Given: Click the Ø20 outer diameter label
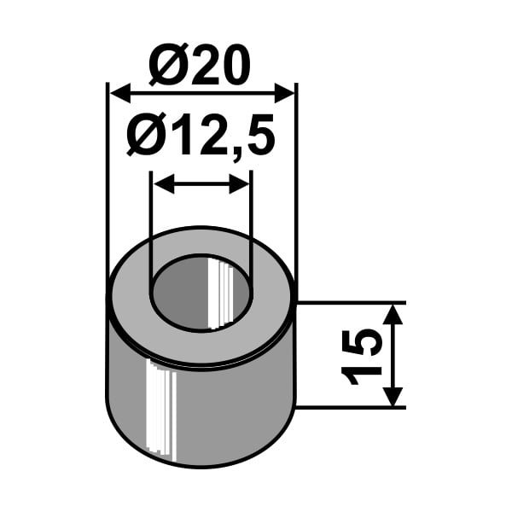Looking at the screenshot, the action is coord(200,65).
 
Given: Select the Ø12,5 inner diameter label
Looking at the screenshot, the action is coord(201,135).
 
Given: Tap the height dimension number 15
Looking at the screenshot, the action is coord(361,357).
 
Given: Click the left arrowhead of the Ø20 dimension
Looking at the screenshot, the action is coord(120,93).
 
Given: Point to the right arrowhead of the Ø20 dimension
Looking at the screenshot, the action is coord(284,93).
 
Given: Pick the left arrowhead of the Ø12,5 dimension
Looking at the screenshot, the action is coord(164,184).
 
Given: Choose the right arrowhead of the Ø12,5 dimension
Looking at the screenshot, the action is coord(239,184).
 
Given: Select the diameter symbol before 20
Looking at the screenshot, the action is coord(167,65).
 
